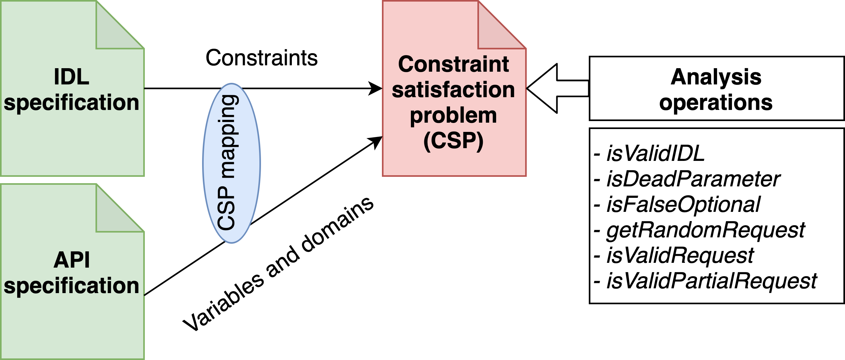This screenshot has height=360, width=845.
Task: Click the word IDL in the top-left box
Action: (72, 77)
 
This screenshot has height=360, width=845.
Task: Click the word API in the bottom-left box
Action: (72, 260)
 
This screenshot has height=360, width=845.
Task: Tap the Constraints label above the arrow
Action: (261, 58)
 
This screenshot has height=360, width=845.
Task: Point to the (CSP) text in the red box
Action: (453, 141)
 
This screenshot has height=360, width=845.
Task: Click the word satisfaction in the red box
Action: (453, 90)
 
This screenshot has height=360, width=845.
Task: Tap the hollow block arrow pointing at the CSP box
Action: (551, 88)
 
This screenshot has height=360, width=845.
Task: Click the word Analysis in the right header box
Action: (716, 77)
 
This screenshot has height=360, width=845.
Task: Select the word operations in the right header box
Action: (716, 103)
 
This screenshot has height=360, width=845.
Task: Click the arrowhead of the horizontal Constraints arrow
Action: (376, 88)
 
